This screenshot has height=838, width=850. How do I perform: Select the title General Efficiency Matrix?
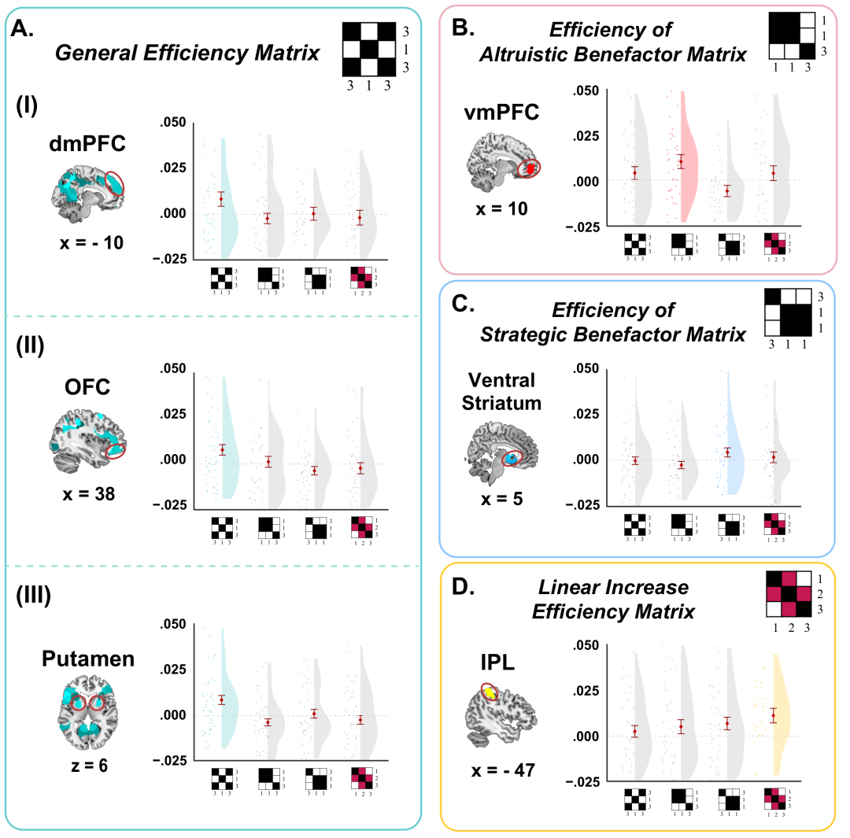[x=187, y=54]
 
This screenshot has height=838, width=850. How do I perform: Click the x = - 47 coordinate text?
[x=497, y=770]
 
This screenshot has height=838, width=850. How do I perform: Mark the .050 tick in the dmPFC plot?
[x=173, y=123]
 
